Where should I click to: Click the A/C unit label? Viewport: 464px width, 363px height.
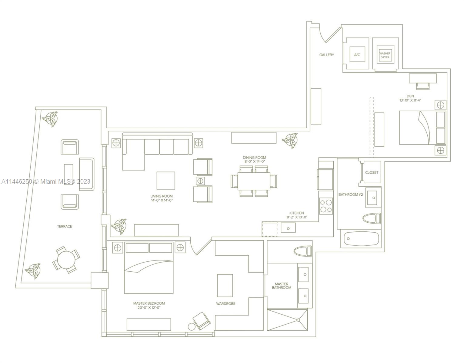(x=357, y=55)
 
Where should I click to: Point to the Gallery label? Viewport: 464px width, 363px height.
(x=326, y=55)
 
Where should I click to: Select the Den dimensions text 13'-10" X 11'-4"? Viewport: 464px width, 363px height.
(x=410, y=100)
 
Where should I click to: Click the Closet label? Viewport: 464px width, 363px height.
(x=372, y=172)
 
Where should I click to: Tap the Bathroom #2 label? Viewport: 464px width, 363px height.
(x=351, y=195)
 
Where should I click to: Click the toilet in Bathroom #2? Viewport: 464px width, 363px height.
(x=372, y=219)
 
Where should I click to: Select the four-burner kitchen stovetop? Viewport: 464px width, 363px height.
(x=326, y=206)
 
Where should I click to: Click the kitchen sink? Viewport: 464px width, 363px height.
(x=288, y=227)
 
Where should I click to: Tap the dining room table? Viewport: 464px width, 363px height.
(x=254, y=181)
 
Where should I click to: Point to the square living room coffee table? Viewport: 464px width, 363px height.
(x=166, y=181)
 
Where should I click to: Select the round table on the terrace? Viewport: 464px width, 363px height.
(x=66, y=260)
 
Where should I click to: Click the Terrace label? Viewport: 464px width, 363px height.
(x=65, y=227)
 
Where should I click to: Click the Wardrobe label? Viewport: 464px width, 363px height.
(x=226, y=304)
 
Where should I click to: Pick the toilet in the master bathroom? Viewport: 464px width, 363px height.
(x=303, y=251)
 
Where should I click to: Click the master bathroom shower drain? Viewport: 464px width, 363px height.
(x=298, y=320)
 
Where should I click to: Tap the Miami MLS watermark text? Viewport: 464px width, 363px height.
(x=46, y=181)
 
